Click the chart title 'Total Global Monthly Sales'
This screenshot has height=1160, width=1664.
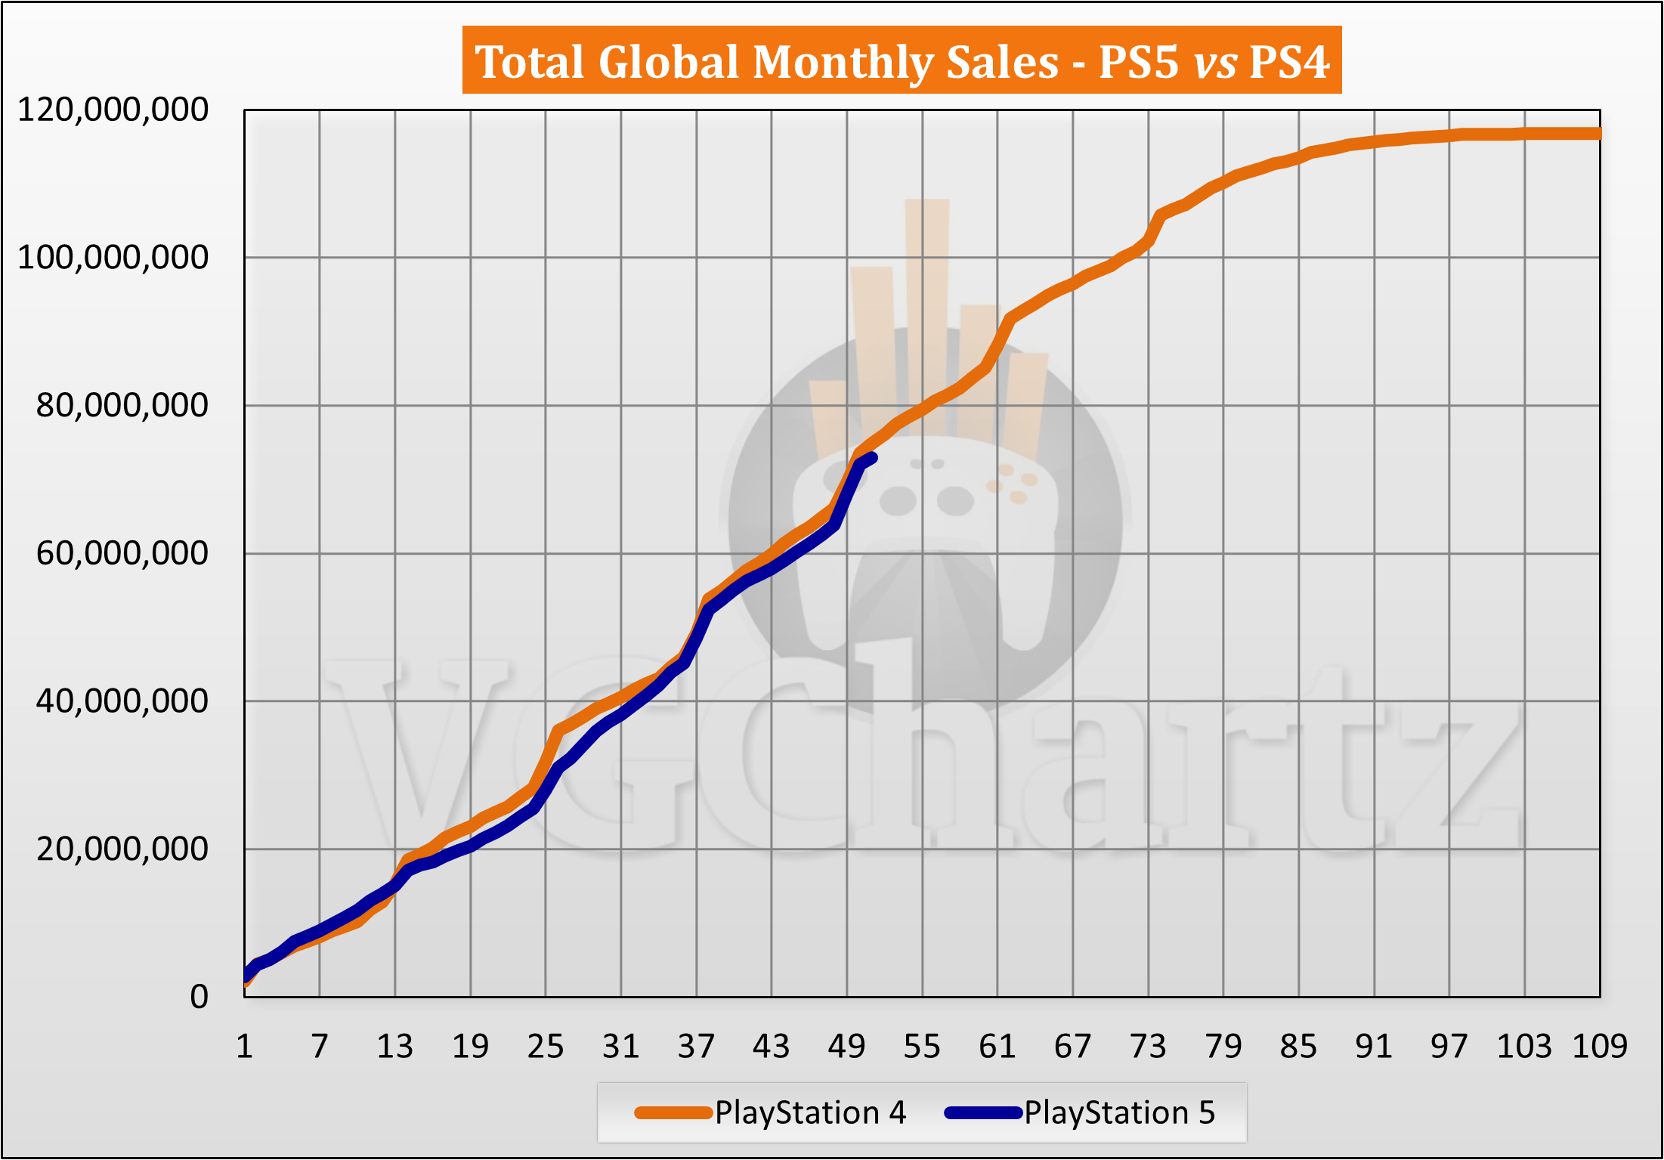tap(766, 61)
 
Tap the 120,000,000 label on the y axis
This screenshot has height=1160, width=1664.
tap(113, 110)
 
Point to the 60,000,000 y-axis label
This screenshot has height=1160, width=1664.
tap(122, 553)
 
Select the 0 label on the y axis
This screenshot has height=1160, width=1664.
tap(199, 997)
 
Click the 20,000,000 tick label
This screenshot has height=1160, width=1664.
tap(122, 849)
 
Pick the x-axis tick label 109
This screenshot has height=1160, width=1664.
tap(1599, 1047)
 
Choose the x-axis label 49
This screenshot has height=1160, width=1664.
tap(846, 1047)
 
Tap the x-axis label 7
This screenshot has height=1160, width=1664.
tap(320, 1047)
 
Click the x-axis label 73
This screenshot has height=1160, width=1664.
tap(1148, 1047)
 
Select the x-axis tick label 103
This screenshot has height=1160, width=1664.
tap(1524, 1047)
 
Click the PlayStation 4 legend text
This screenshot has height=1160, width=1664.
tap(810, 1112)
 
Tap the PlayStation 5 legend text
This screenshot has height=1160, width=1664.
tap(1119, 1112)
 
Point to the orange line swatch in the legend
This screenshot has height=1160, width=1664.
tap(673, 1112)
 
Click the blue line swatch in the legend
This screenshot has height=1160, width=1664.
tap(983, 1112)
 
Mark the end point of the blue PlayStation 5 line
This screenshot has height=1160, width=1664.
tap(872, 457)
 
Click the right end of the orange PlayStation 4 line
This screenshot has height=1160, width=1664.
tap(1598, 134)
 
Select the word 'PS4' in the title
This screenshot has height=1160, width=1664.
tap(1289, 61)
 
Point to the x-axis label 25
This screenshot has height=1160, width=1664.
tap(546, 1047)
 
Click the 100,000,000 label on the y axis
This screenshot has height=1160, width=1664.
tap(113, 258)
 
